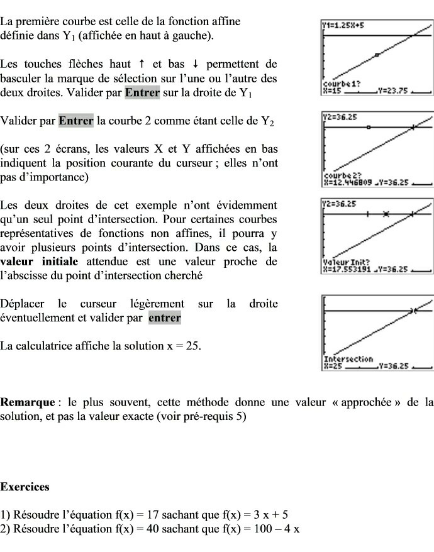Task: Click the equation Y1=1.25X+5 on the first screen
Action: pos(343,26)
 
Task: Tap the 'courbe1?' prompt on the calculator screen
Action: pos(337,83)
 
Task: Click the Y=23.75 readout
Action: pos(394,90)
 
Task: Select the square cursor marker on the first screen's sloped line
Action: pos(377,55)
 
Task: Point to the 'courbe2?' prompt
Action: pos(338,176)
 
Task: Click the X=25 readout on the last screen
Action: pos(332,365)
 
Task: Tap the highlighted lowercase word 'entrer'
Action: pos(164,317)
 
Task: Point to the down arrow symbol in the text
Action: pos(196,63)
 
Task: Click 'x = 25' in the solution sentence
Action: pos(183,345)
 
